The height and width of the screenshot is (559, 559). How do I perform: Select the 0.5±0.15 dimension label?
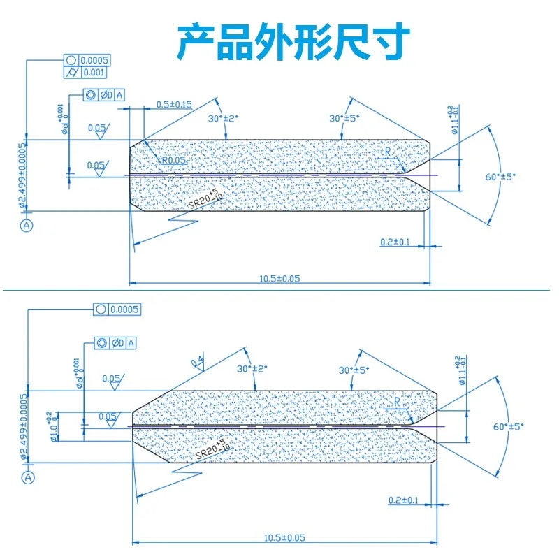coord(174,104)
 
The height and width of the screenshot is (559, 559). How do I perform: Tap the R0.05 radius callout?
coord(174,161)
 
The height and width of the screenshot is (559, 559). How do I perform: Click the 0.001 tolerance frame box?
coord(94,72)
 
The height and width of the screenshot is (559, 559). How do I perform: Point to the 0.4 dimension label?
coord(198,362)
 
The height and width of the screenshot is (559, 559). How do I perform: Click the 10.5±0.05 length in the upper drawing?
coord(279,278)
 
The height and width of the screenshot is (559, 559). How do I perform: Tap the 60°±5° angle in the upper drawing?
coord(500,177)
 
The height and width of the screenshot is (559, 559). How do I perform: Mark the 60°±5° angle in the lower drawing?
coord(508,426)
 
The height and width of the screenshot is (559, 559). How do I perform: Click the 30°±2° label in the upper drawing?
coord(223,119)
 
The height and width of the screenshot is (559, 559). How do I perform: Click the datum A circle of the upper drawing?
coord(27,225)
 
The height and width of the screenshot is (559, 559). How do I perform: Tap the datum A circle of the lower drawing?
coord(27,477)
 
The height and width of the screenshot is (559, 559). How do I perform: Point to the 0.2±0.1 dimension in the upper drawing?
coord(395,242)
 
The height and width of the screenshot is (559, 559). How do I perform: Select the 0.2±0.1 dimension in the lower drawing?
coord(403,500)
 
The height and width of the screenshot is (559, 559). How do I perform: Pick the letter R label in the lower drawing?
coord(397,402)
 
